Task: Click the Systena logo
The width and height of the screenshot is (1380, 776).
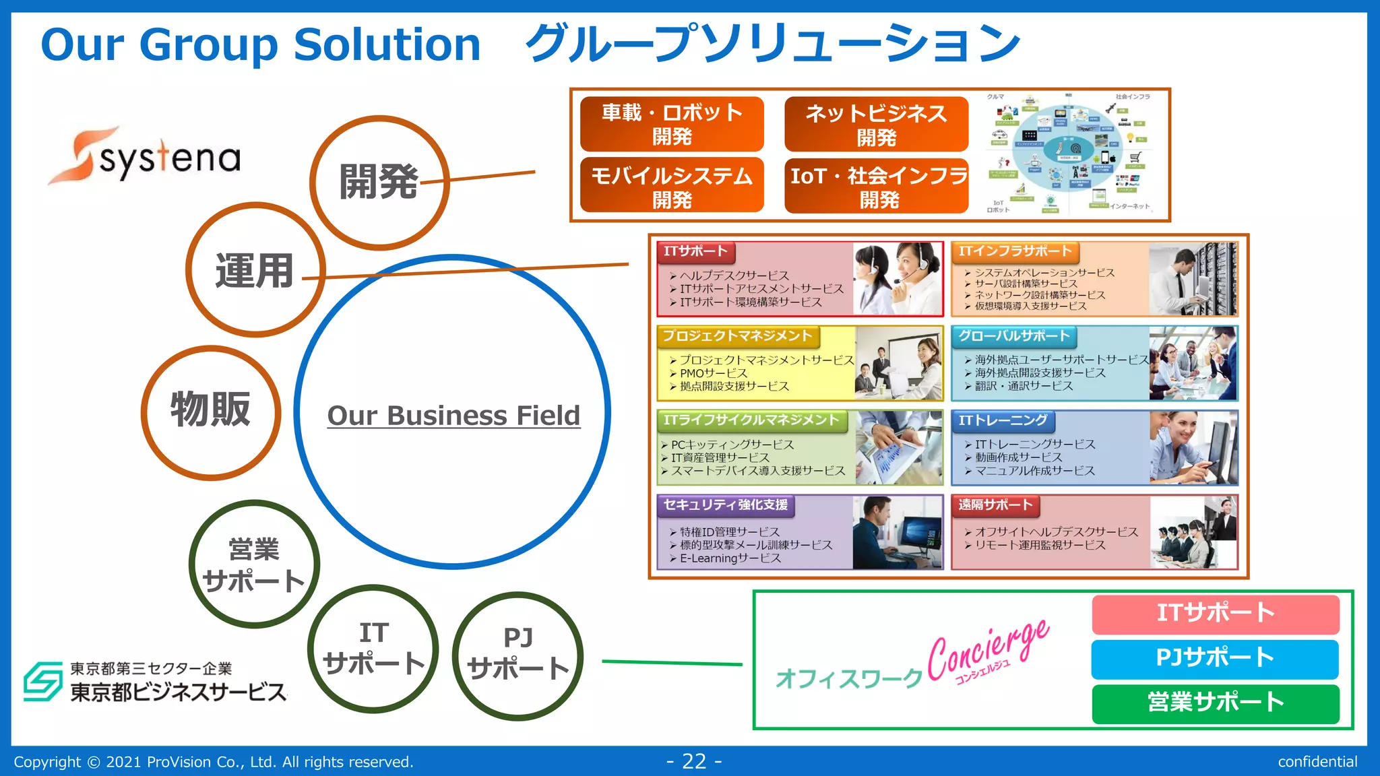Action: point(145,156)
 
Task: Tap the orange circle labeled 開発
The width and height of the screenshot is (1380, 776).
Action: point(379,183)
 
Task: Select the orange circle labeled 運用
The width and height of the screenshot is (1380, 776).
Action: point(255,270)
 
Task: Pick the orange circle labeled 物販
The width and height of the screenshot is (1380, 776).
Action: point(211,412)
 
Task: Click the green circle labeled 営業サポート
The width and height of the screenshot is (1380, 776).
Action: point(254,564)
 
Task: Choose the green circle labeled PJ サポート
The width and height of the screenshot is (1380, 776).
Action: point(517,655)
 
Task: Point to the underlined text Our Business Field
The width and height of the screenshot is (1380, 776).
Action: point(453,416)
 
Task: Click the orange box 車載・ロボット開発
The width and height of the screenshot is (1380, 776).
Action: point(672,124)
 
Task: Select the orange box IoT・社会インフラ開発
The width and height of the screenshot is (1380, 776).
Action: point(877,186)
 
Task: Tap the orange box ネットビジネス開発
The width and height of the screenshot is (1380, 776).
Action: point(876,124)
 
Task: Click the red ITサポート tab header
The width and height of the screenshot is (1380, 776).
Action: point(695,252)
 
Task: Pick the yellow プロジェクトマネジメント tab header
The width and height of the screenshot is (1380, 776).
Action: point(737,335)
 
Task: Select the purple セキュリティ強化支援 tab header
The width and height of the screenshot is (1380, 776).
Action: point(725,505)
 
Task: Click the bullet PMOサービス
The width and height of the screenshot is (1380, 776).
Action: point(714,373)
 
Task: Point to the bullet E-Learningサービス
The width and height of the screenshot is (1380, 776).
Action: point(730,558)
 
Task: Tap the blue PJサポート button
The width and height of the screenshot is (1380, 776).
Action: point(1215,658)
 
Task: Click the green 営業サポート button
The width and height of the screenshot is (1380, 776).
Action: point(1215,703)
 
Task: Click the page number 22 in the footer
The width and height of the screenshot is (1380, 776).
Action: point(694,761)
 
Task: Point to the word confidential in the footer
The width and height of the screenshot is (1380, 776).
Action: point(1317,762)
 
